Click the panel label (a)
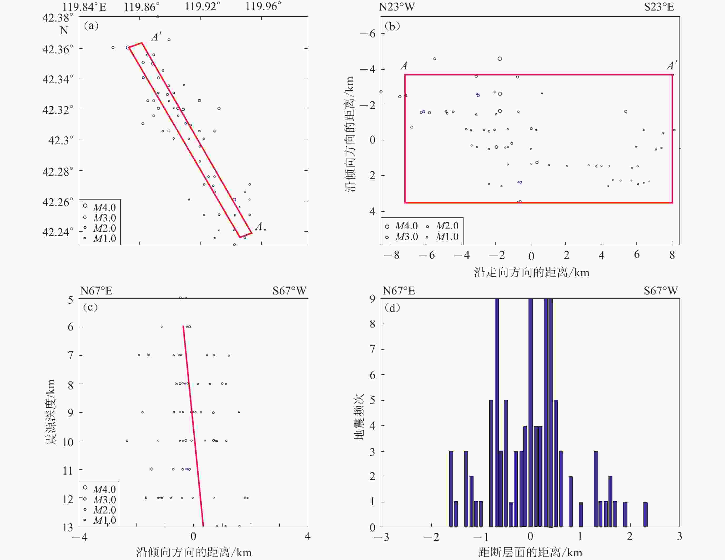[91, 26]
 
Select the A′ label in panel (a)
[156, 37]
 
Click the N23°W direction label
[397, 7]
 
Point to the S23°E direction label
[659, 7]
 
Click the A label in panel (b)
[404, 66]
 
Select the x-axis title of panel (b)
[531, 272]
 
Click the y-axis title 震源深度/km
[51, 412]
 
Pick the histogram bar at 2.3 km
[645, 514]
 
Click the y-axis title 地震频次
[359, 417]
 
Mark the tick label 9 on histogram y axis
[372, 299]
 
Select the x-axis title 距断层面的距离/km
[530, 552]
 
